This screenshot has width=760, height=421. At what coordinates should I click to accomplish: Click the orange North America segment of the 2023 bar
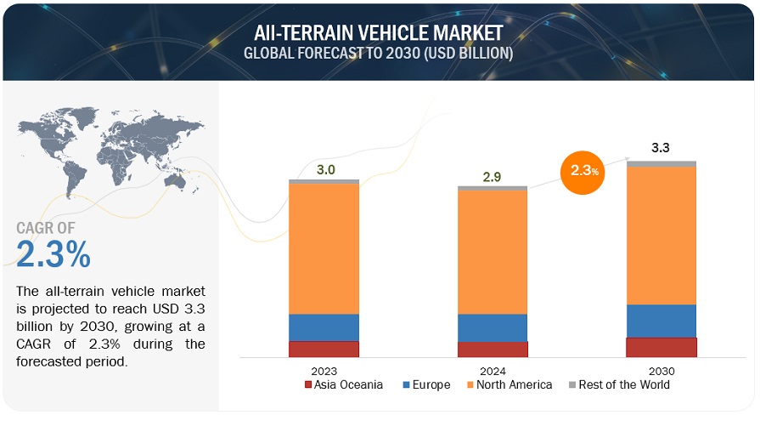coord(324,248)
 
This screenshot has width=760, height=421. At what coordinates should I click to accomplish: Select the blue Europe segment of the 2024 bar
coord(493,327)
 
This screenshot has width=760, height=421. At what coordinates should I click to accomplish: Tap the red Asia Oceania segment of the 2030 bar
coord(661,347)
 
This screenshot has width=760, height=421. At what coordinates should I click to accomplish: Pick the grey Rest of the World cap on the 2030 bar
coord(661,163)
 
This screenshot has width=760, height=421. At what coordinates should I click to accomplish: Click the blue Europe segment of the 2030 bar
coord(661,321)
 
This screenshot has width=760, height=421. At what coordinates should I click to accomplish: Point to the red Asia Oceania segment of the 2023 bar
coord(324,349)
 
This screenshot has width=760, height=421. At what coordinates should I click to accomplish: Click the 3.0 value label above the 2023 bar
coord(325,169)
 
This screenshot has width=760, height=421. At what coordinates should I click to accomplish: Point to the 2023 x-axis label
coord(324,371)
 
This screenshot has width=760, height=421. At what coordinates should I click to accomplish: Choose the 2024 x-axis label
coord(493,371)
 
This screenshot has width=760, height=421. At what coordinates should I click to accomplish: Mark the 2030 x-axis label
coord(661,371)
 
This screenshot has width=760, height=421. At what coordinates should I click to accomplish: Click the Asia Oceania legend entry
coord(343,385)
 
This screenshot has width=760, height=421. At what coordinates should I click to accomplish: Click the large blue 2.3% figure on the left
coord(53,254)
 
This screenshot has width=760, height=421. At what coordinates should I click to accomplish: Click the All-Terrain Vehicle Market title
coord(379,32)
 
